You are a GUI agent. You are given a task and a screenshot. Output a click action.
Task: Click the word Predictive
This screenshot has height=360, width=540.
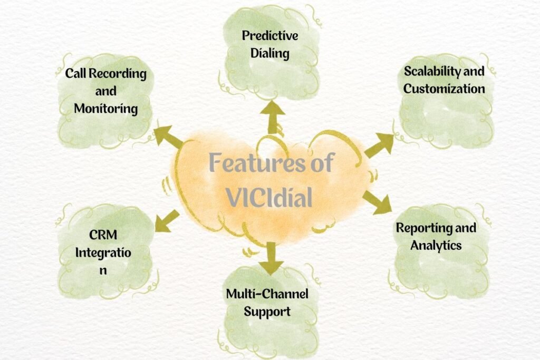(270, 36)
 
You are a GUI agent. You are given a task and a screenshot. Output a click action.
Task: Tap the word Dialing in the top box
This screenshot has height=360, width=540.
(270, 54)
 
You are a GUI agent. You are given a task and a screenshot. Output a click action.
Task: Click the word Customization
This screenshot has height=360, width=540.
(444, 88)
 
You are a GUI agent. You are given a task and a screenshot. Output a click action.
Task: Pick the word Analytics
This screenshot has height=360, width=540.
(436, 245)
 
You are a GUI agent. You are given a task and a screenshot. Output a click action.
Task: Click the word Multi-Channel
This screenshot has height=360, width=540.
(267, 294)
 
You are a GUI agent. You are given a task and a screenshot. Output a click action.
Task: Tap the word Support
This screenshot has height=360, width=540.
(267, 311)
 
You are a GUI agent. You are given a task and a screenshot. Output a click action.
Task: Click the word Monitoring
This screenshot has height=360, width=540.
(105, 109)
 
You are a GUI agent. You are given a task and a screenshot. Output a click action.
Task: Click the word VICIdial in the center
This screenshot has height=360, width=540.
(269, 197)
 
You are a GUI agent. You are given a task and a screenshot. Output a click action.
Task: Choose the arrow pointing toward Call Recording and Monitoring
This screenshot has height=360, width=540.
(168, 136)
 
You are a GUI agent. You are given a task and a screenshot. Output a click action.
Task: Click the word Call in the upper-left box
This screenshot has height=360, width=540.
(76, 73)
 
